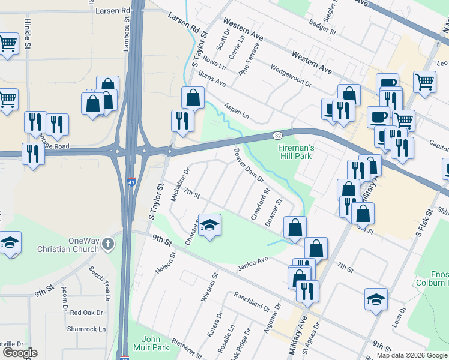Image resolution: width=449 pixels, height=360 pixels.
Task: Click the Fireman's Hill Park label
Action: click(x=295, y=152)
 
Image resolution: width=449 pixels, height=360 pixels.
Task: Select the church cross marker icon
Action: click(x=107, y=244)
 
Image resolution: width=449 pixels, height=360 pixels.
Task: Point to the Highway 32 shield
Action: click(x=278, y=136)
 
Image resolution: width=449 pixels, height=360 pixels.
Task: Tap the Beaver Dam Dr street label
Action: click(x=249, y=166)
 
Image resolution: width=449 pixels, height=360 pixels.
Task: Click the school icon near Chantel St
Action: click(x=209, y=225)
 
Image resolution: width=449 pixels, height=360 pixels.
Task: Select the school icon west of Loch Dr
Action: click(x=376, y=299)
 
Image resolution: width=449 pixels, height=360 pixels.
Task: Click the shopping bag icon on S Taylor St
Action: click(x=193, y=98)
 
